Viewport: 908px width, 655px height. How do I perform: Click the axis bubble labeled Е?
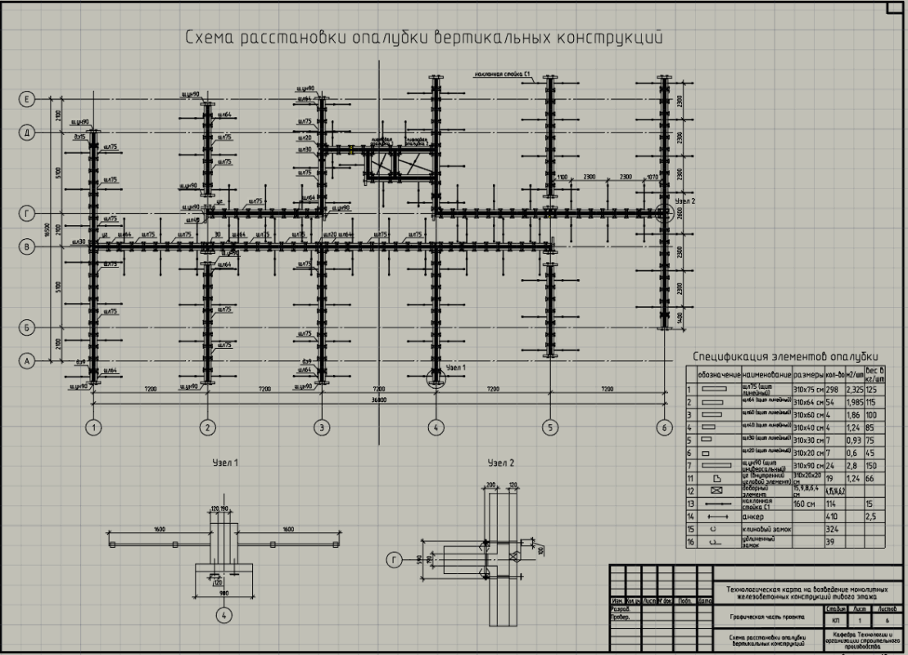tap(28, 100)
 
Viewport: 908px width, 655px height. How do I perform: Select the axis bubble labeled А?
tap(28, 359)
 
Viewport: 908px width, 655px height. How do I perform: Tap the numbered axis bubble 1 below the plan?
tap(94, 427)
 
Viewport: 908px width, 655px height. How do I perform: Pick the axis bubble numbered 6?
tap(663, 427)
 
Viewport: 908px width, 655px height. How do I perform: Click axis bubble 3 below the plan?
tap(322, 427)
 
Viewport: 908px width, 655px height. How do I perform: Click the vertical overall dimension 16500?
tap(47, 233)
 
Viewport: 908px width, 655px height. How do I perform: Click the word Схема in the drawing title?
tap(208, 38)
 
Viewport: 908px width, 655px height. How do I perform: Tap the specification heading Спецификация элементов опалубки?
tap(785, 356)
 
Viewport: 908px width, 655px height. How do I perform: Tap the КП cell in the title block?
tap(831, 623)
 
